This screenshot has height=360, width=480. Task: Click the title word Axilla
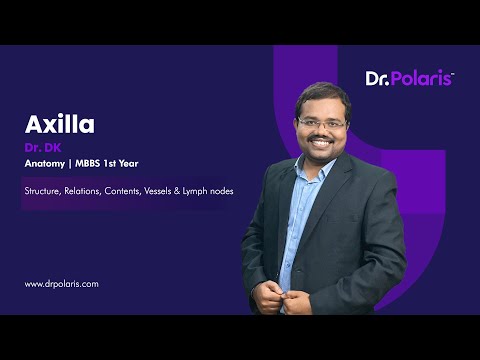point(59,125)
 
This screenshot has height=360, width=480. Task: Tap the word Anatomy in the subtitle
point(46,165)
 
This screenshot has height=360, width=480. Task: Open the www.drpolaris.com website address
point(62,284)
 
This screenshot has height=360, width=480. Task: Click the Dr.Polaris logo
point(409,78)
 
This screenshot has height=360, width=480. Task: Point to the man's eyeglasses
point(322,123)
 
